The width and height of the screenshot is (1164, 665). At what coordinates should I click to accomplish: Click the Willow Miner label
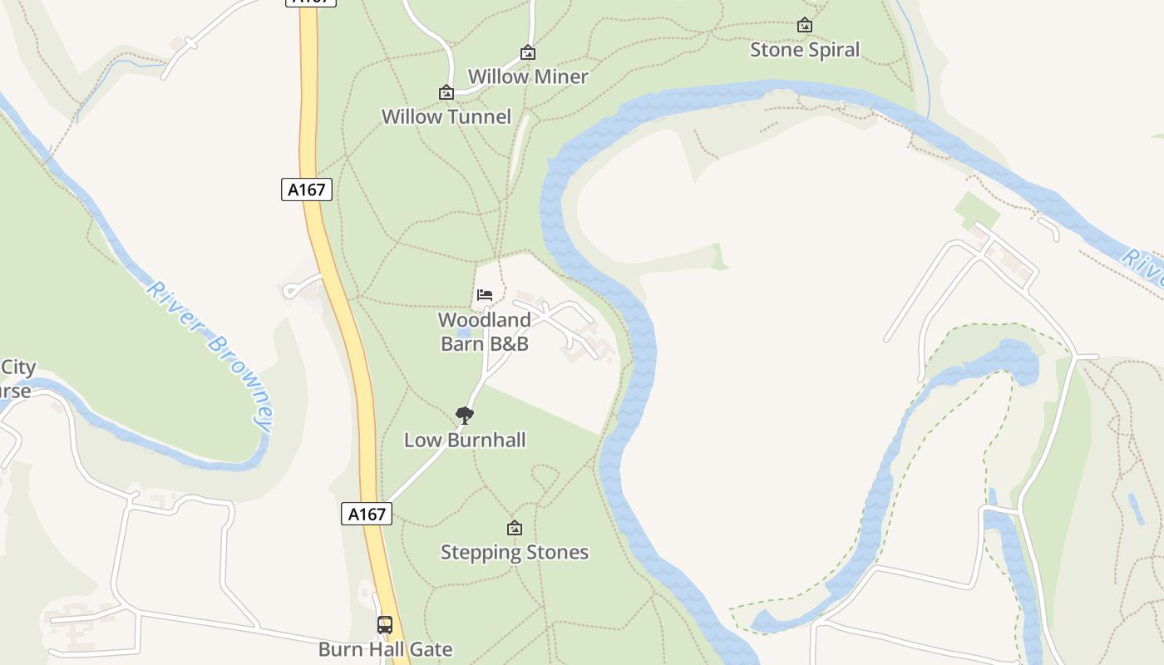[528, 76]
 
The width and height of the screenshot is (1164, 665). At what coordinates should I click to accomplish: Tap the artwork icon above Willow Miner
[528, 53]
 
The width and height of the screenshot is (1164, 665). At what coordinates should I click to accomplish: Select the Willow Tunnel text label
[446, 116]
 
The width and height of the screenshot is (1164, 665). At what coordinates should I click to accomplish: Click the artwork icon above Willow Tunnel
[446, 92]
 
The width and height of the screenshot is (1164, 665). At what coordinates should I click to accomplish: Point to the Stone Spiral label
[805, 50]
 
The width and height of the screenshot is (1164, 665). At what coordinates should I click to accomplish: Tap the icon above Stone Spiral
[805, 26]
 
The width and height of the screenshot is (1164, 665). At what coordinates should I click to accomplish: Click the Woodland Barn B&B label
[484, 331]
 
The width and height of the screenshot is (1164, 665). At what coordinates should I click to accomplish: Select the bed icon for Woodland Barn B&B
[485, 294]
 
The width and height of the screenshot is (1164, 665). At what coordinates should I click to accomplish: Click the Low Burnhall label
[465, 440]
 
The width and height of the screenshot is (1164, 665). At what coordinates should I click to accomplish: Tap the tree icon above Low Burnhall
[465, 415]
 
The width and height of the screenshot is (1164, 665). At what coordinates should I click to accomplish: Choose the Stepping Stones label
[515, 552]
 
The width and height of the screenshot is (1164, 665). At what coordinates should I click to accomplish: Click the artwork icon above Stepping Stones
[515, 528]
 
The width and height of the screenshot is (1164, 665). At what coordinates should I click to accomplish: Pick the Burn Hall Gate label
[385, 649]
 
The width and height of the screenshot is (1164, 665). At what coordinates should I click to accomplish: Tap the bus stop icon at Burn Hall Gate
[385, 624]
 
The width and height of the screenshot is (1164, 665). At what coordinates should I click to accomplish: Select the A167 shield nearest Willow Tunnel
[307, 190]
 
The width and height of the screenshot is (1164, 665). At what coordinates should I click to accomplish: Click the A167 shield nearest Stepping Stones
[367, 514]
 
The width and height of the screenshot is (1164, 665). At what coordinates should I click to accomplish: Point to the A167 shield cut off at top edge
[311, 2]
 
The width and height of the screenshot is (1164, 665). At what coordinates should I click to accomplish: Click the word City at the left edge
[18, 367]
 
